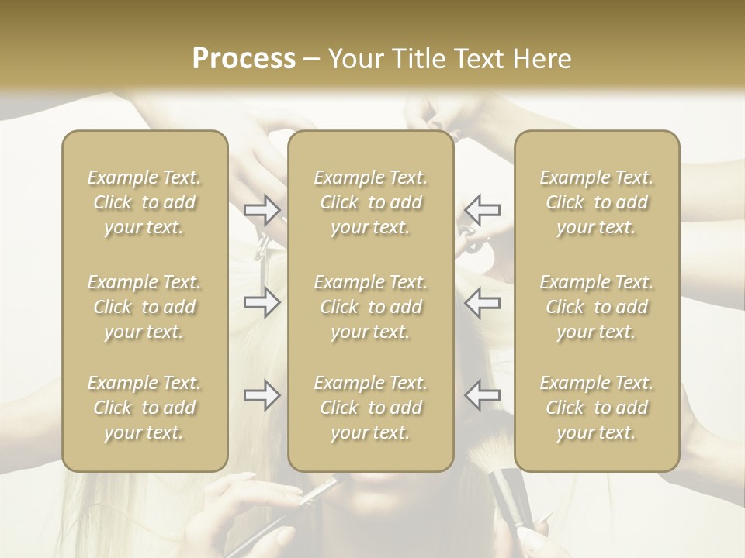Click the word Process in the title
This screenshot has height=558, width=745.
pyautogui.click(x=244, y=59)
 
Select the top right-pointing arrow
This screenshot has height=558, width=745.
pyautogui.click(x=262, y=209)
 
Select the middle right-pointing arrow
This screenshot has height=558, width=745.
pyautogui.click(x=262, y=302)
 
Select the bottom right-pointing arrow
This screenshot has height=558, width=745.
pyautogui.click(x=262, y=395)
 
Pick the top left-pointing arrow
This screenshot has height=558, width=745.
pyautogui.click(x=483, y=209)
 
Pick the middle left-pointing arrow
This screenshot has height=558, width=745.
pyautogui.click(x=483, y=302)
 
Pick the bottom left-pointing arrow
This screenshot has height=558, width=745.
pyautogui.click(x=483, y=395)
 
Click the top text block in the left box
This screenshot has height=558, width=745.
pyautogui.click(x=144, y=202)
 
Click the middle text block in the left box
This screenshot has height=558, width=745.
pyautogui.click(x=144, y=307)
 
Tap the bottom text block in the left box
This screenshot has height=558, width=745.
pyautogui.click(x=144, y=408)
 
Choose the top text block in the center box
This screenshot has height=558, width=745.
pyautogui.click(x=370, y=202)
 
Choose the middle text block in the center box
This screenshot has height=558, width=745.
pyautogui.click(x=370, y=307)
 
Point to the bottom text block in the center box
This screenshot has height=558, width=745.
pyautogui.click(x=370, y=408)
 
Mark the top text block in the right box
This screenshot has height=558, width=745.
pyautogui.click(x=596, y=202)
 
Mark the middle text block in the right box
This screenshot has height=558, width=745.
pyautogui.click(x=596, y=307)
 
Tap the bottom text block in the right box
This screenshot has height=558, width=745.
pyautogui.click(x=596, y=408)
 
